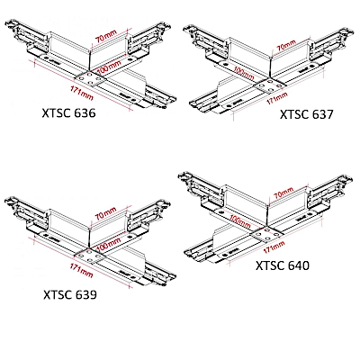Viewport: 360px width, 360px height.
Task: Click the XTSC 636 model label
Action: [68, 113]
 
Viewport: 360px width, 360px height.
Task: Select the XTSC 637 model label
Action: [307, 114]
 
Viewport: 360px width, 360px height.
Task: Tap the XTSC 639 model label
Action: [70, 294]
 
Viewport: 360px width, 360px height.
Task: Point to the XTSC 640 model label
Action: [283, 265]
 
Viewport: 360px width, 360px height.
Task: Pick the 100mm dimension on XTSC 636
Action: [110, 67]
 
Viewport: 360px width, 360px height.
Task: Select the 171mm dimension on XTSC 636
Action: [82, 93]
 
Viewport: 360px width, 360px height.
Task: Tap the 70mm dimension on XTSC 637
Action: [286, 46]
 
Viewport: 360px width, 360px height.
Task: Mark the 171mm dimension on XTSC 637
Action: [277, 98]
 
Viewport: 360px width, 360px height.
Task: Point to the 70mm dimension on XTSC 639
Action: [105, 213]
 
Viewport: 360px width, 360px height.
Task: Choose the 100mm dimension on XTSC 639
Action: [110, 245]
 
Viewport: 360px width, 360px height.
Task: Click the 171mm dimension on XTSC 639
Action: [82, 270]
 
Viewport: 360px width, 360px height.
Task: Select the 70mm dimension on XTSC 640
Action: [283, 193]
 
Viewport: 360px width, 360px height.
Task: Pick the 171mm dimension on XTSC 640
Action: [274, 247]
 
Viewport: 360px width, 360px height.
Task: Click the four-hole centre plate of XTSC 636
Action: [90, 78]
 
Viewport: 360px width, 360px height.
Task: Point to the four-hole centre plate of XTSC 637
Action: [269, 85]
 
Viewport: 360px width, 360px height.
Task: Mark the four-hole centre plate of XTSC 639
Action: [90, 256]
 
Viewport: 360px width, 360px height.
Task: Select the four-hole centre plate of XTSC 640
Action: [267, 234]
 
